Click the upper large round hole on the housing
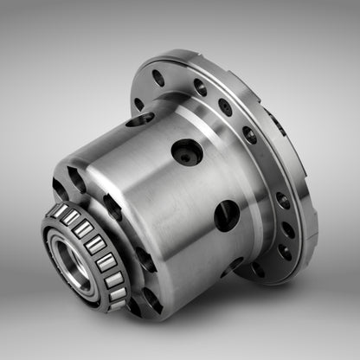(185, 153)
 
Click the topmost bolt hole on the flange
(157, 78)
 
